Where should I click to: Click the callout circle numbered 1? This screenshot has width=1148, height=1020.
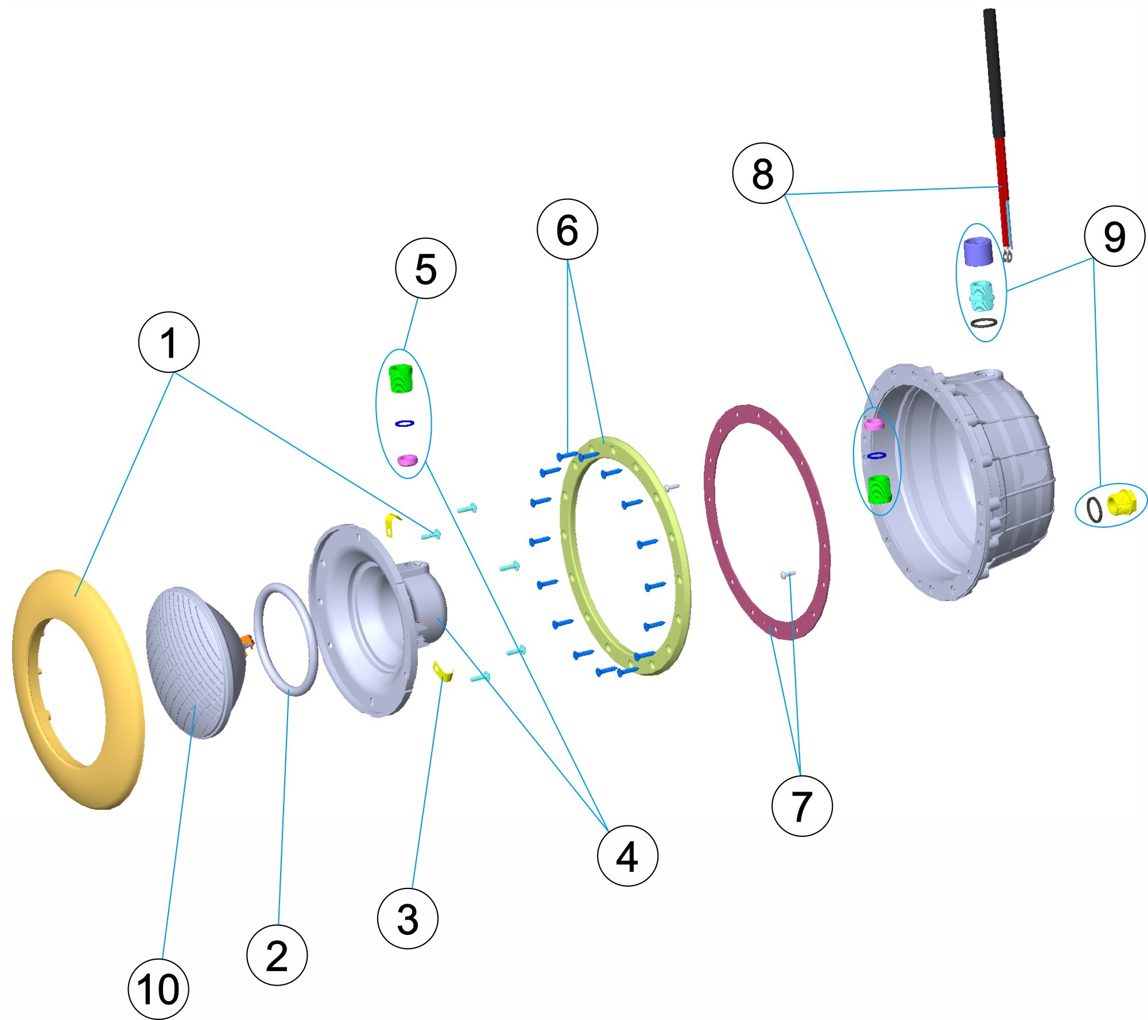[x=169, y=342]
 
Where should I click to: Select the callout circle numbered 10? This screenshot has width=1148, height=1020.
[x=158, y=989]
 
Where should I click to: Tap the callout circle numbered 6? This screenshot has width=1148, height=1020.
[x=567, y=230]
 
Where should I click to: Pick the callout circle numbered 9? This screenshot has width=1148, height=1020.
[x=1115, y=236]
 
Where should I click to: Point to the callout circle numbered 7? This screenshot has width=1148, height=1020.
[x=802, y=806]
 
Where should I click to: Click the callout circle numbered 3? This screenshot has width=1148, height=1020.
[x=408, y=918]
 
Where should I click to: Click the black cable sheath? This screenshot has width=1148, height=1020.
[x=994, y=75]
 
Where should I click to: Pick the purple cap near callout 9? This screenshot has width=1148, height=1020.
[x=978, y=252]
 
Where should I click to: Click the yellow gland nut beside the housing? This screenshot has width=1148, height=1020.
[x=1121, y=503]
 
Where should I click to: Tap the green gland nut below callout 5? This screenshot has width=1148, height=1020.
[x=401, y=378]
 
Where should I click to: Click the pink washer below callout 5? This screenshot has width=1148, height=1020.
[x=408, y=459]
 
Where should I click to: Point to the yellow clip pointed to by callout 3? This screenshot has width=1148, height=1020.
[x=443, y=671]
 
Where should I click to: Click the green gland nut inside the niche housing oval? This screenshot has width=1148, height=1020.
[x=878, y=489]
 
